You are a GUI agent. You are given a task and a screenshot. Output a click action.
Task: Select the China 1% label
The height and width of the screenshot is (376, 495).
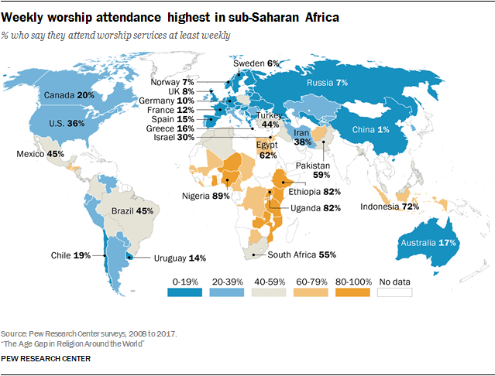(371, 129)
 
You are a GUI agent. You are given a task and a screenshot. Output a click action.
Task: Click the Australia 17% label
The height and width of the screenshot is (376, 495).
(426, 242)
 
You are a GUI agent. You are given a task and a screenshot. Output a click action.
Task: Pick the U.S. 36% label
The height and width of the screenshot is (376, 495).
(67, 122)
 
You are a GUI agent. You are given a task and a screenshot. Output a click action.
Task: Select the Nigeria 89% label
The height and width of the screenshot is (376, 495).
(206, 197)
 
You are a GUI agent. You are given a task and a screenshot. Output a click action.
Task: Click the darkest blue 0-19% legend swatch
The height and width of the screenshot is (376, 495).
(184, 292)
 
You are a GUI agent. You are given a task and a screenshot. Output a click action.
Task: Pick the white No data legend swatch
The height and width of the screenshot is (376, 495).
(394, 292)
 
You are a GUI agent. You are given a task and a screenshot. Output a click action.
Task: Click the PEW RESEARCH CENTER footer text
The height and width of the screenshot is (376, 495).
(46, 359)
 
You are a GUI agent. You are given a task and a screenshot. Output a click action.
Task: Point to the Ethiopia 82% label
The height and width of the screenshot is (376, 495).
(314, 191)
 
